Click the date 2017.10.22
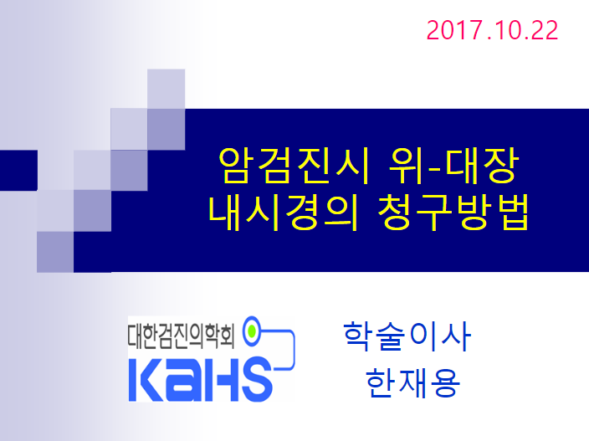click(x=492, y=30)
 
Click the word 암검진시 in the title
click(x=294, y=166)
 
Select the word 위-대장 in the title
click(x=453, y=166)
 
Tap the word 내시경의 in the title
click(x=284, y=213)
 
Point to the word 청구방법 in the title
click(x=453, y=213)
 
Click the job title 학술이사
click(x=407, y=336)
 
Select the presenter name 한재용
click(x=412, y=382)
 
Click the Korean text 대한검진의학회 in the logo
click(x=181, y=336)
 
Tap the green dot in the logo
click(x=252, y=331)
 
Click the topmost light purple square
click(x=166, y=89)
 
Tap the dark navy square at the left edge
click(x=18, y=170)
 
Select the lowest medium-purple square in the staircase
click(x=55, y=252)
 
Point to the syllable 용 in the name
click(x=445, y=382)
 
